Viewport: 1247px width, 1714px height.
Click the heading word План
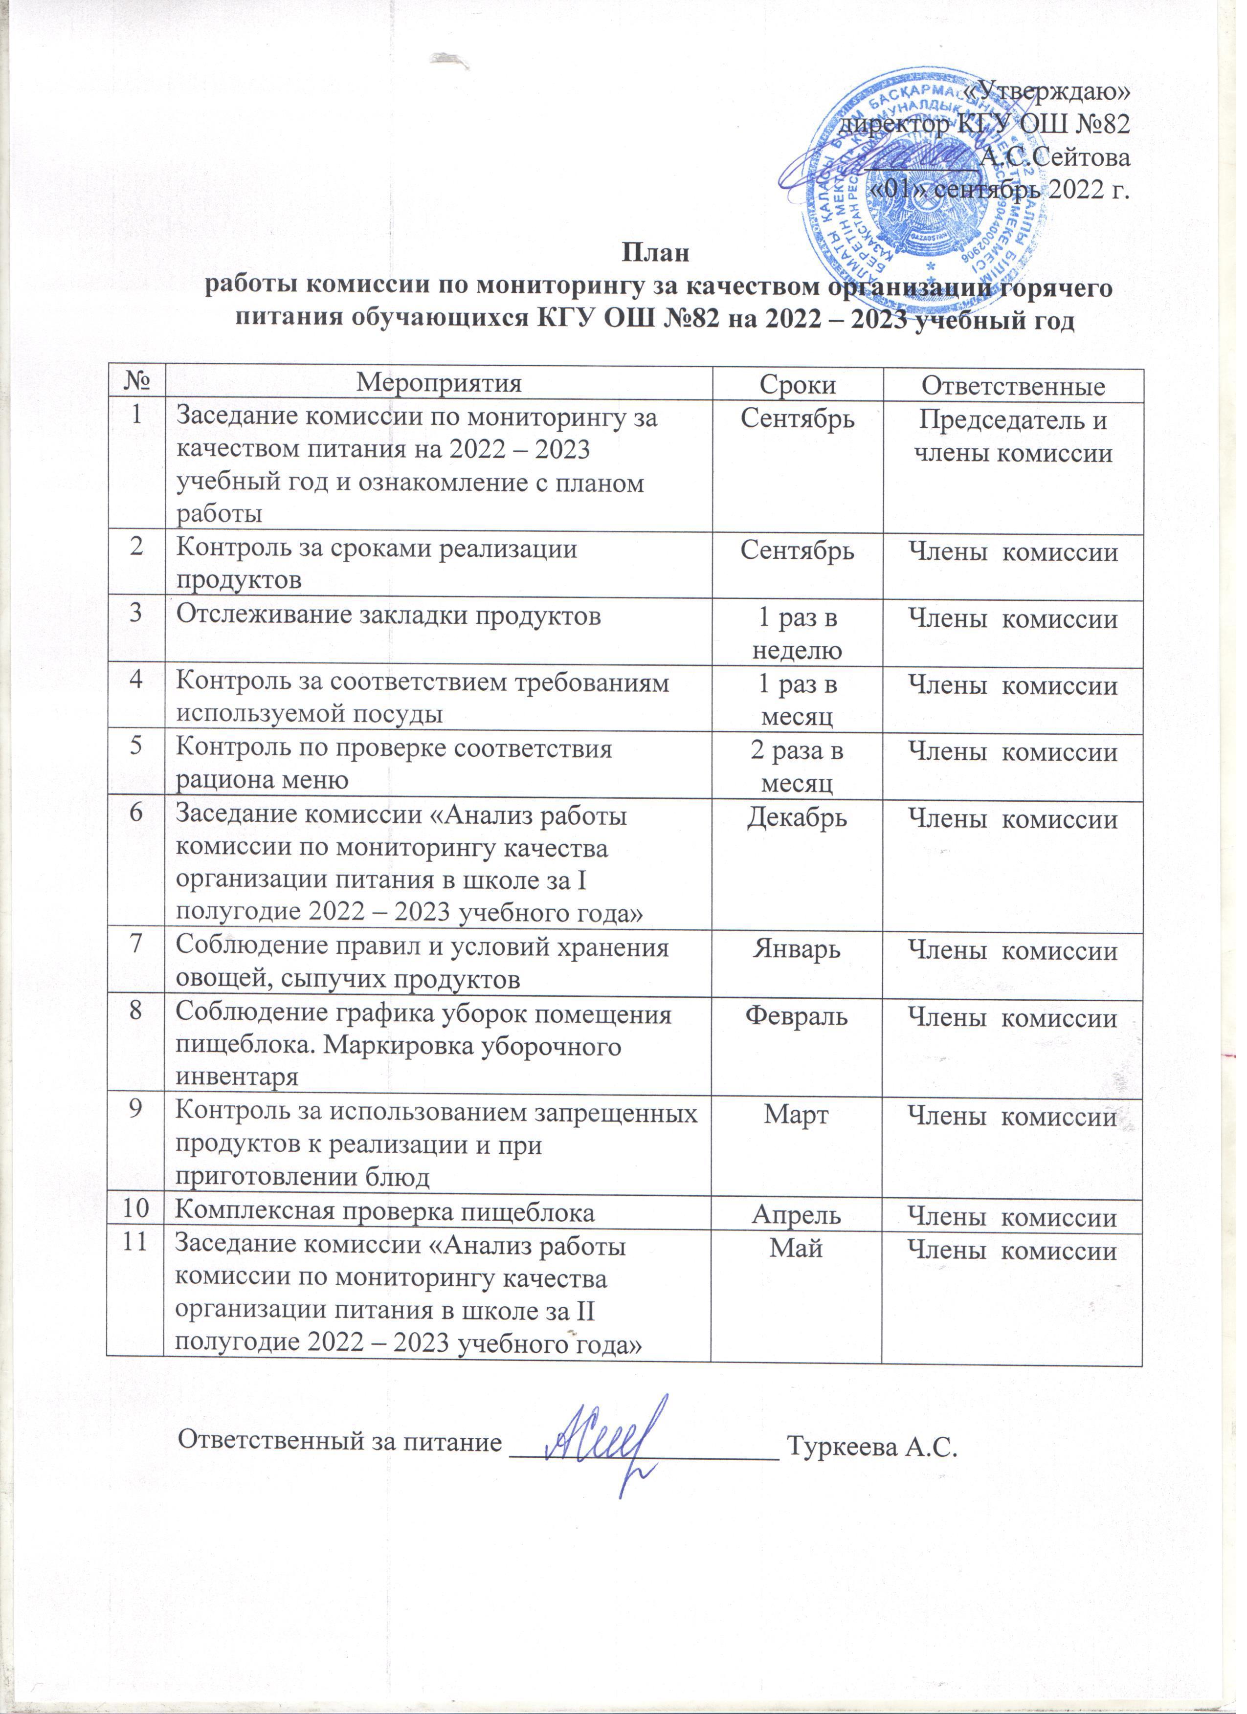coord(655,252)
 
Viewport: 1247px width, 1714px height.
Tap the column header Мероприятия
coord(439,385)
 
